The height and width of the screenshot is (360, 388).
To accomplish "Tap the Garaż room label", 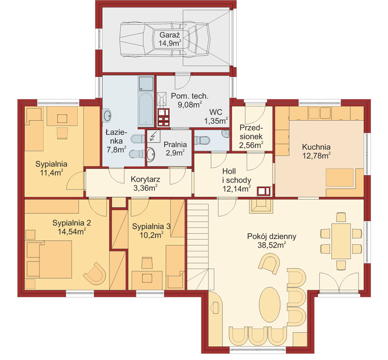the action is pyautogui.click(x=170, y=35).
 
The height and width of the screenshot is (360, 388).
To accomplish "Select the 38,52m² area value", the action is pyautogui.click(x=272, y=245).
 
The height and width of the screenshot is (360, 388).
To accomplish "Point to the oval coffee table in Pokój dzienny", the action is pyautogui.click(x=270, y=304).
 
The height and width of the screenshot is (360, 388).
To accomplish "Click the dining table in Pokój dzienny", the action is pyautogui.click(x=341, y=241).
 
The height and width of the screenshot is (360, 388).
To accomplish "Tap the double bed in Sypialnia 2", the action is pyautogui.click(x=49, y=260).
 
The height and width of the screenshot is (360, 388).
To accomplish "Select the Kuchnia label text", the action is pyautogui.click(x=316, y=147).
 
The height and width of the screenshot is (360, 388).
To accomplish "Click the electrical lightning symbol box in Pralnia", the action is pyautogui.click(x=153, y=136).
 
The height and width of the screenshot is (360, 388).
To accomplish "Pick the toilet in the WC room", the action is pyautogui.click(x=202, y=140).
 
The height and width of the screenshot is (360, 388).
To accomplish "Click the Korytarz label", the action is pyautogui.click(x=145, y=179).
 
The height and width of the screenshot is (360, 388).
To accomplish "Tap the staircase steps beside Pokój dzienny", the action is pyautogui.click(x=198, y=244).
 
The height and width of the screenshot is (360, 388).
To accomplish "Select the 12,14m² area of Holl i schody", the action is pyautogui.click(x=236, y=189).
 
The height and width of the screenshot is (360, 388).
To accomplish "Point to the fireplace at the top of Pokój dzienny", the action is pyautogui.click(x=261, y=206).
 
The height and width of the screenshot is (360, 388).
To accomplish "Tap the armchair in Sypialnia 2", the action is pyautogui.click(x=95, y=274).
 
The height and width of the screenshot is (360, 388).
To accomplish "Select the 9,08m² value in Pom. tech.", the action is pyautogui.click(x=190, y=104).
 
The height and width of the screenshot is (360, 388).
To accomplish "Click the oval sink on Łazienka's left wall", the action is pyautogui.click(x=107, y=115).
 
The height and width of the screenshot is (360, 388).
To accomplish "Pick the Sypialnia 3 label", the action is pyautogui.click(x=151, y=226).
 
